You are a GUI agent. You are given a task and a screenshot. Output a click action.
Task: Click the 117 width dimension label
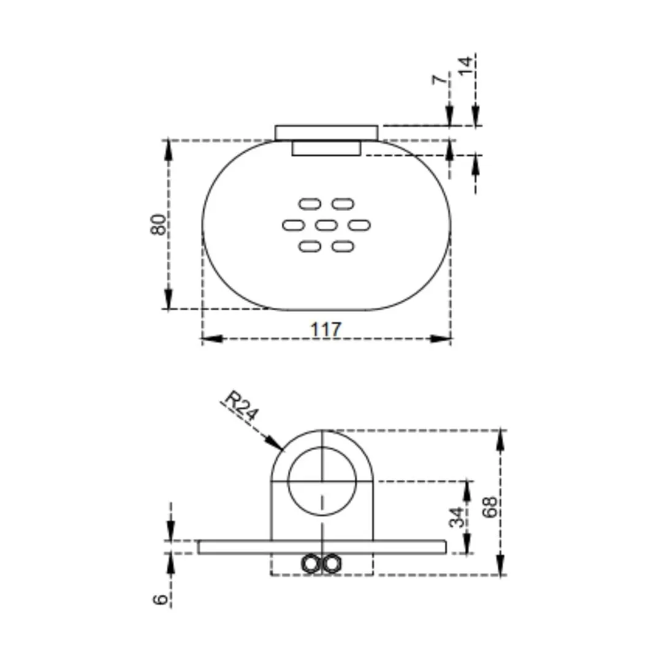tap(325, 329)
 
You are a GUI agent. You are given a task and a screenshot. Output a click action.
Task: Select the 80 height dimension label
tap(158, 224)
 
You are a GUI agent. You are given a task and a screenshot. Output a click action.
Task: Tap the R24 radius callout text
tap(241, 406)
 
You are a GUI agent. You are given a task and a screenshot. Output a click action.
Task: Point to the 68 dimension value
tap(490, 507)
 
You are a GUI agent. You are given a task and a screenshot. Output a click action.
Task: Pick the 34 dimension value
tap(457, 517)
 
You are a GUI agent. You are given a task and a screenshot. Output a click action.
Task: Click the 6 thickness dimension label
tap(161, 599)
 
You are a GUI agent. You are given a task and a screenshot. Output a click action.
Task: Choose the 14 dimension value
tap(465, 66)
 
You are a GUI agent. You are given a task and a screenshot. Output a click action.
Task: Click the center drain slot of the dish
tap(326, 225)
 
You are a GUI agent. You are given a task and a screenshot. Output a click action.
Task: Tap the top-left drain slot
tap(310, 204)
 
